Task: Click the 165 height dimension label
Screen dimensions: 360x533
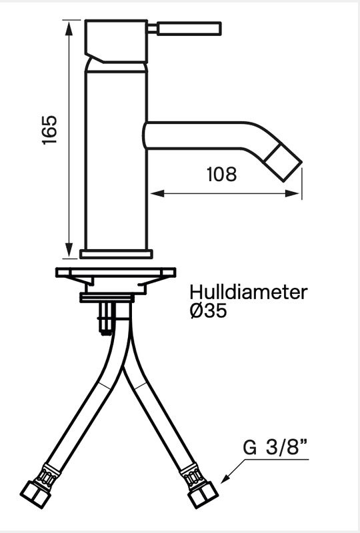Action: coord(49,130)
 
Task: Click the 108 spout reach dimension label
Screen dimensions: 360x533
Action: coord(221,174)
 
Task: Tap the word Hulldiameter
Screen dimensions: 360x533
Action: coord(249,292)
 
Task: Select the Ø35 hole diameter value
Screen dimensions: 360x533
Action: coord(209,310)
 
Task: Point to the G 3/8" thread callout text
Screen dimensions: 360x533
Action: coord(275,447)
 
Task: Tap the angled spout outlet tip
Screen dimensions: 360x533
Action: coord(283,163)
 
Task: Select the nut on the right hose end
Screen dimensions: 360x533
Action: coord(203,495)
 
